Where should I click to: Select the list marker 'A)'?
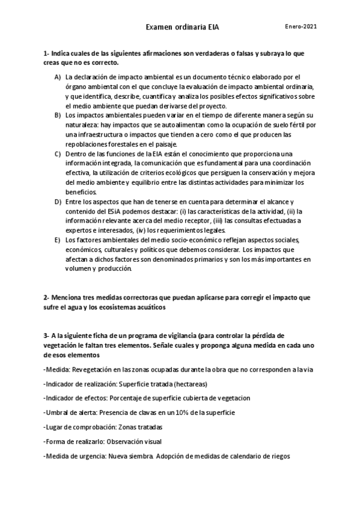58,77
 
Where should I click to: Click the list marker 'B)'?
58,114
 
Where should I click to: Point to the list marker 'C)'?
58,153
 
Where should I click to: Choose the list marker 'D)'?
58,201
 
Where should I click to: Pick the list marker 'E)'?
58,240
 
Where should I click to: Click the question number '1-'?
46,53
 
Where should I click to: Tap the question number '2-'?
46,298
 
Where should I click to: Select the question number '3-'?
46,336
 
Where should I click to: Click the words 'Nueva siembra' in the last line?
130,456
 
